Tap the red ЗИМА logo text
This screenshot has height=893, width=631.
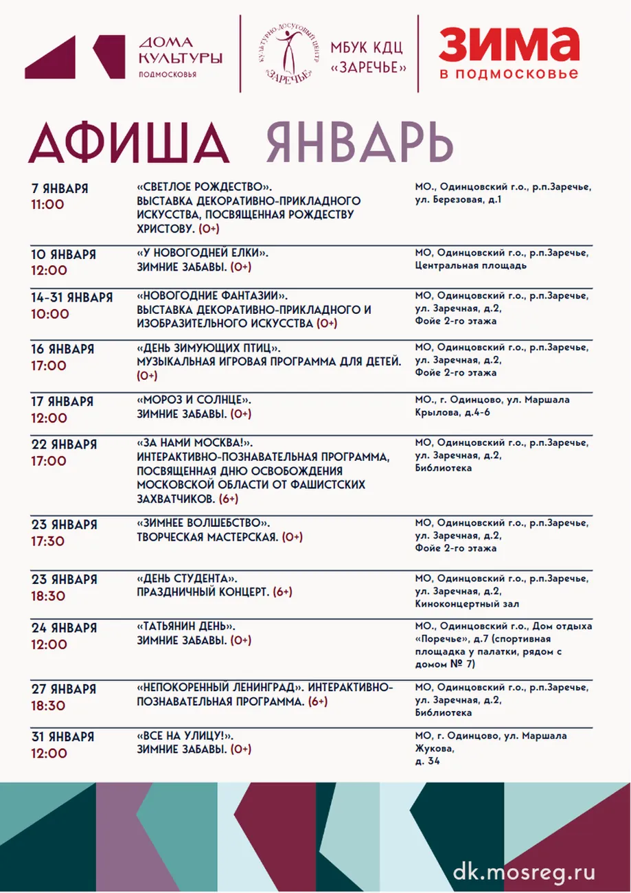point(508,47)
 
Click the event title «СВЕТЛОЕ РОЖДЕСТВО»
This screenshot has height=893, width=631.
point(204,188)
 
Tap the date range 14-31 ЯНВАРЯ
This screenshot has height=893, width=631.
point(72,297)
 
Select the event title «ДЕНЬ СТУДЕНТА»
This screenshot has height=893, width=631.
point(192,578)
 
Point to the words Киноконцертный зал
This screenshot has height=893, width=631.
point(467,604)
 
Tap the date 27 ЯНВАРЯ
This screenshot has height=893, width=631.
point(64,689)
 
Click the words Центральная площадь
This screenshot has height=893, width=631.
point(471,266)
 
